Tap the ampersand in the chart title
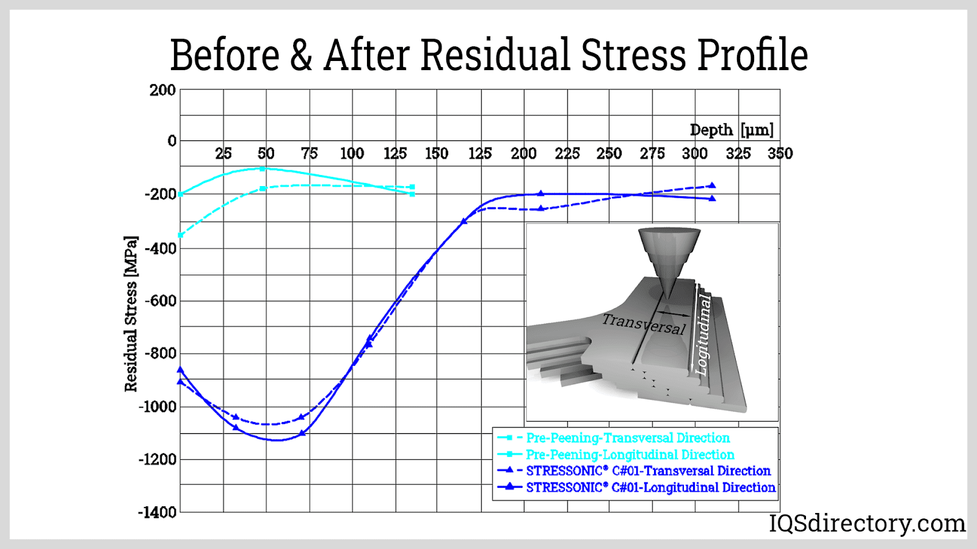(x=301, y=55)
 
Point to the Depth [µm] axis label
(x=732, y=130)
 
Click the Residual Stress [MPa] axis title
(x=131, y=314)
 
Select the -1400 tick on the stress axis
(x=157, y=512)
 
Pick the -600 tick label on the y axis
(x=160, y=301)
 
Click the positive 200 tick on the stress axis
(x=162, y=90)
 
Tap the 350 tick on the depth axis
(x=780, y=154)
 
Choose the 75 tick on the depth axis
(x=309, y=154)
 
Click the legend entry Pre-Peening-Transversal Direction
(x=628, y=438)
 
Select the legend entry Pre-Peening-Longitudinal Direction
(x=630, y=454)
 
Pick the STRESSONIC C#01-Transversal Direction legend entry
(x=648, y=471)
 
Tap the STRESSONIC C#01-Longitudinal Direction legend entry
(x=650, y=487)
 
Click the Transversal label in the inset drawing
(x=644, y=324)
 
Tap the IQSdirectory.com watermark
(x=866, y=523)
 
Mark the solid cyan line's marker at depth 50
(x=263, y=169)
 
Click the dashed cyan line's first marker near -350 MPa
(x=181, y=235)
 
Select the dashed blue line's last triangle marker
(x=712, y=185)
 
